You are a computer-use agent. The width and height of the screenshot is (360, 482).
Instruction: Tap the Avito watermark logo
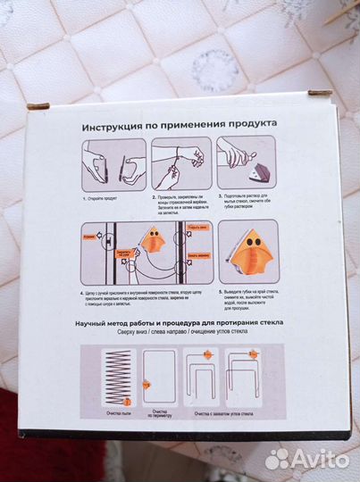click(306, 459)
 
